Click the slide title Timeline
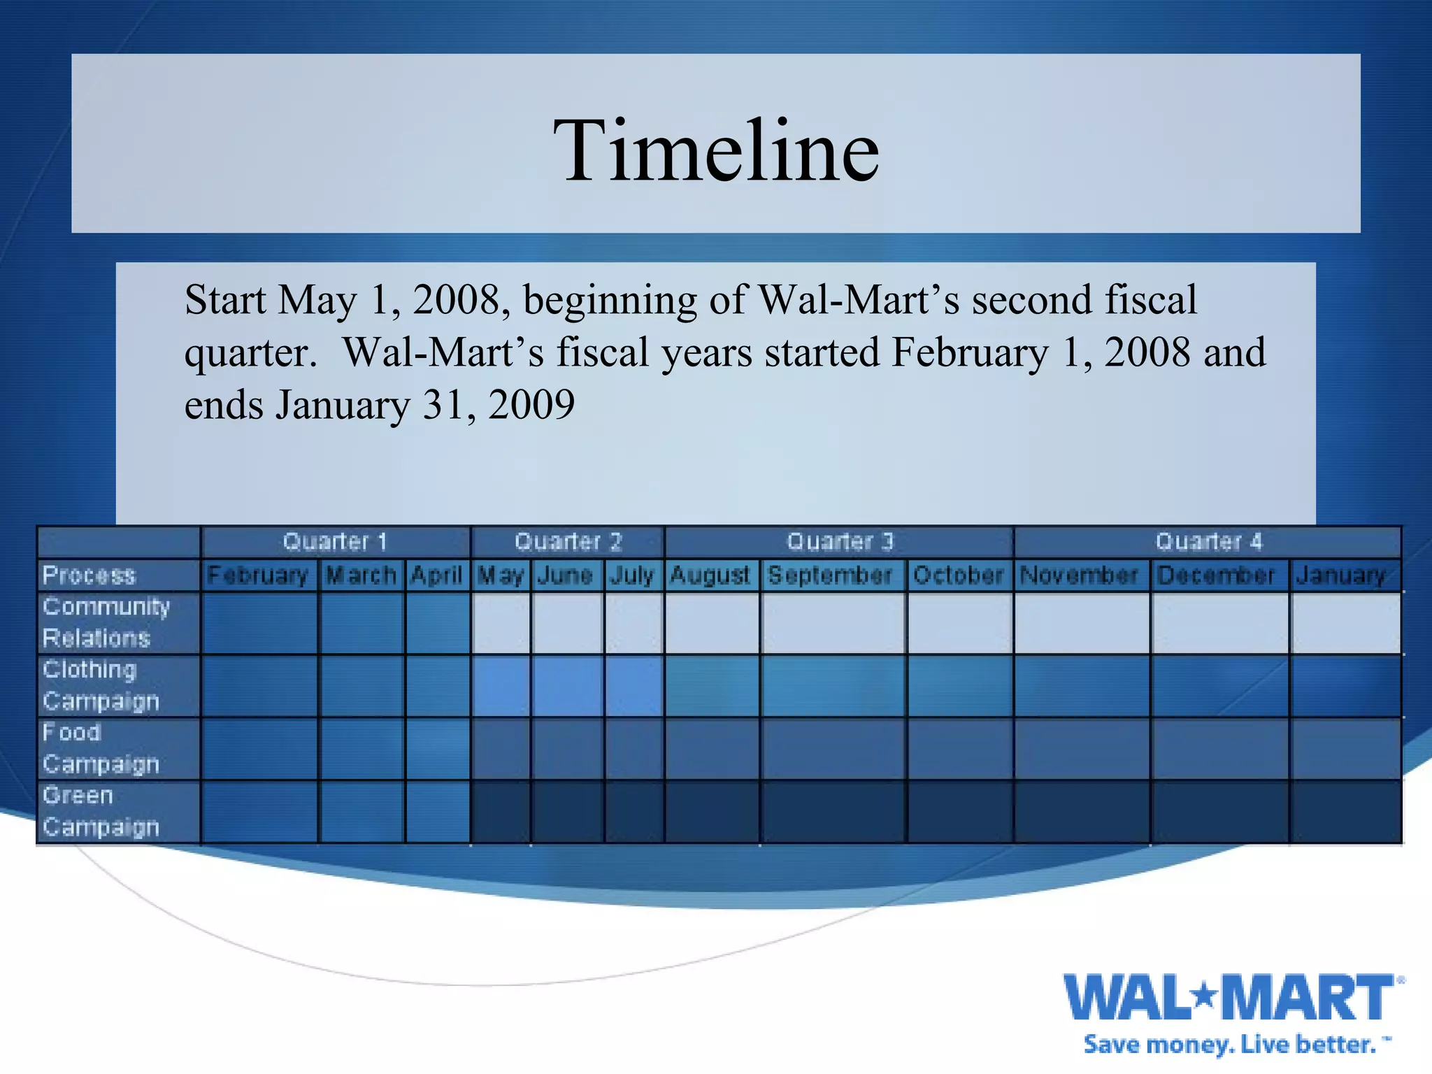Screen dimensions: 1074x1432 click(x=716, y=150)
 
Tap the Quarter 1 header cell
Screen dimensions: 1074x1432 click(x=335, y=542)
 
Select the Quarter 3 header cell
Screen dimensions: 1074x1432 click(x=839, y=542)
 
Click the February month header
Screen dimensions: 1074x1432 click(x=258, y=575)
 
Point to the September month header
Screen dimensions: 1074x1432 click(x=831, y=575)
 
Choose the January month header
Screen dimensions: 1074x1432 click(x=1341, y=575)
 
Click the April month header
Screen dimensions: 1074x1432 click(x=437, y=575)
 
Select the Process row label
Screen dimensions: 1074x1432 click(x=89, y=575)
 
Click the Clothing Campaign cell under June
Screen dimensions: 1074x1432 click(x=566, y=685)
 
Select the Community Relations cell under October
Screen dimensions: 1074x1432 click(x=959, y=622)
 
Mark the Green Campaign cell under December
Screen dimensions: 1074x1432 click(x=1219, y=811)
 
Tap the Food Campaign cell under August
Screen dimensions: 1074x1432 click(x=711, y=748)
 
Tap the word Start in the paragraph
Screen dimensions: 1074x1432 click(x=225, y=300)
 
